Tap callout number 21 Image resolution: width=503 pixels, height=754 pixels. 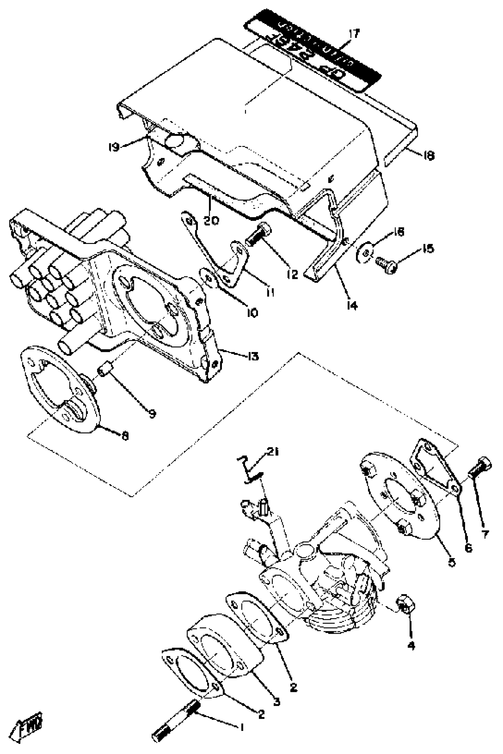click(x=273, y=452)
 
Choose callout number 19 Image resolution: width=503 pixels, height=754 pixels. click(x=114, y=147)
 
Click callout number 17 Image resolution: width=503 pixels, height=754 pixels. click(x=354, y=34)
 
